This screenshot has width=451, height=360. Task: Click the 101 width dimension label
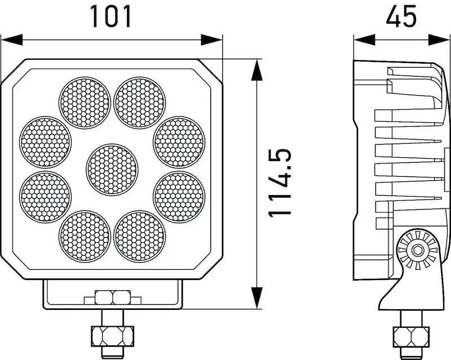point(110,17)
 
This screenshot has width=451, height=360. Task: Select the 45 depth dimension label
point(401,17)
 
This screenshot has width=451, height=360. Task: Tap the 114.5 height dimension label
point(280,183)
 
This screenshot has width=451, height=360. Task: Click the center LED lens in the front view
point(112,170)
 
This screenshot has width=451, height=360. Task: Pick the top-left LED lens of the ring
point(85,103)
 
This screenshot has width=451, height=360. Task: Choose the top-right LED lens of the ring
point(140,103)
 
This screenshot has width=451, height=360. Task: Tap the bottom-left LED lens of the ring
point(85,237)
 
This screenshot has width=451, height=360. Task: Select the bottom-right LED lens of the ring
point(140,237)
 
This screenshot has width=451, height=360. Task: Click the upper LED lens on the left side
point(46,142)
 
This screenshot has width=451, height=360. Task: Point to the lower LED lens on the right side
point(179,197)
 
